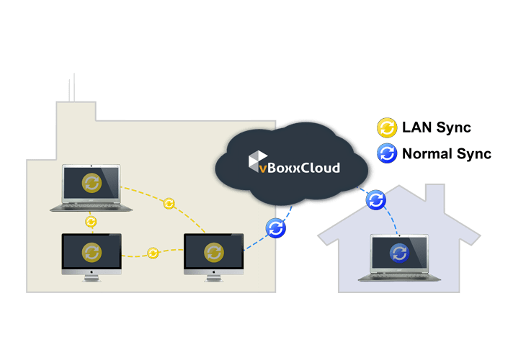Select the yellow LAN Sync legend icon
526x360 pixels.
click(387, 128)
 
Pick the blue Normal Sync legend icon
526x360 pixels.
click(387, 153)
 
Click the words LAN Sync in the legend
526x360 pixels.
click(436, 128)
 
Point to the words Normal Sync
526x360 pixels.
click(447, 153)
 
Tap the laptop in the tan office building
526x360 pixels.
click(92, 187)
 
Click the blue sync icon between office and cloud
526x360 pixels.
click(276, 228)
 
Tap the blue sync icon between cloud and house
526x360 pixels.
click(375, 199)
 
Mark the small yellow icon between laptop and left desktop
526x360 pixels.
click(91, 221)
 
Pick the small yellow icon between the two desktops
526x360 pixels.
click(153, 253)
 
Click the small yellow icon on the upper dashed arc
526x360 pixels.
click(169, 204)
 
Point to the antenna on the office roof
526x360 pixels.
click(71, 88)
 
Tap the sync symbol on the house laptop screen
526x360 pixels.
click(398, 252)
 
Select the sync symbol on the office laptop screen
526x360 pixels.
click(92, 183)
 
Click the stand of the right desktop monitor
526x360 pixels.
click(213, 276)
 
